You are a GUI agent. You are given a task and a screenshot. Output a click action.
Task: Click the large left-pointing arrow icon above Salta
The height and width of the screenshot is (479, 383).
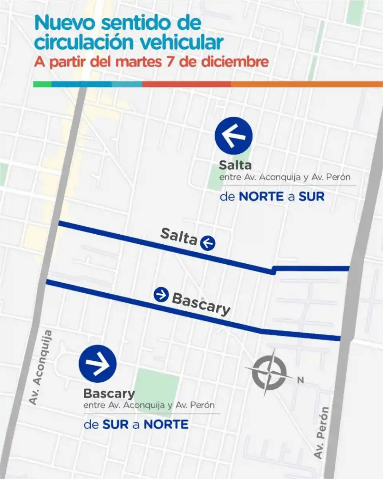click(x=234, y=136)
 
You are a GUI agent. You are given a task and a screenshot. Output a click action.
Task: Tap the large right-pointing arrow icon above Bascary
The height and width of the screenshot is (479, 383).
click(x=97, y=364)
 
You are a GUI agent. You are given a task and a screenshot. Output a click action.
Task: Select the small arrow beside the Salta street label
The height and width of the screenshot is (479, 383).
click(x=208, y=243)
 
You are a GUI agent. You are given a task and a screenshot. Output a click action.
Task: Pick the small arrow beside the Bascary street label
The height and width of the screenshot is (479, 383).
click(x=161, y=295)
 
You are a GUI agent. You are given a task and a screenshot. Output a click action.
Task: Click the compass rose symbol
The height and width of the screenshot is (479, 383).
click(x=266, y=372)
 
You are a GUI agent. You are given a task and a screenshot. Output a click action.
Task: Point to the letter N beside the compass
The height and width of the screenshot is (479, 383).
click(x=300, y=380)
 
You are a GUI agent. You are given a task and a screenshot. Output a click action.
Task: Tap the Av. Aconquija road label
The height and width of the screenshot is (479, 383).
click(x=41, y=368)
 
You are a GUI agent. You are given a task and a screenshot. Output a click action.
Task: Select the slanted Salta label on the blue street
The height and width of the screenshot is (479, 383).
click(x=179, y=236)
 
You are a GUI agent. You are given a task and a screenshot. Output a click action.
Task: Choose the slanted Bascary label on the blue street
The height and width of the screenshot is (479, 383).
click(x=201, y=303)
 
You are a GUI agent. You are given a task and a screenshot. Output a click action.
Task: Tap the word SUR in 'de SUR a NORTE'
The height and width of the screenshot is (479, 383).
click(x=115, y=424)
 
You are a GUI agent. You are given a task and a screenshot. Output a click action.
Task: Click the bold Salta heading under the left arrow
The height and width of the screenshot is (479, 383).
click(x=235, y=165)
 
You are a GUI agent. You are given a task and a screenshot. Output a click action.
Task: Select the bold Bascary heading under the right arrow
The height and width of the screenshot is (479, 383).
click(x=109, y=394)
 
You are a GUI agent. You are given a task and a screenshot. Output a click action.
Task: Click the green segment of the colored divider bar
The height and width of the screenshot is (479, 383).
click(x=42, y=84)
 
